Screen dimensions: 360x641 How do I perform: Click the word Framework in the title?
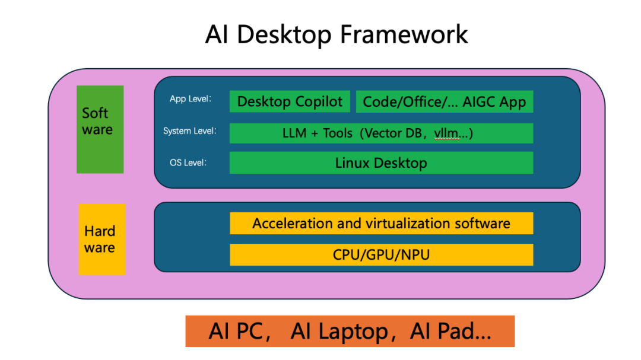(404, 34)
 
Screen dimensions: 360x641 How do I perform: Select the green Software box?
(100, 129)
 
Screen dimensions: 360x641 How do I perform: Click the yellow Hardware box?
(102, 239)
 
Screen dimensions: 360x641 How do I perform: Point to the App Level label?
(191, 99)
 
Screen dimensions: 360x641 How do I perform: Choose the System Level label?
(189, 131)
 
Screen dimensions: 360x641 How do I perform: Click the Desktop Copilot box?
(290, 101)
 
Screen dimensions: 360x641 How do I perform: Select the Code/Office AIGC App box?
(444, 101)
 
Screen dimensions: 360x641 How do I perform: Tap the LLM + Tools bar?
(381, 133)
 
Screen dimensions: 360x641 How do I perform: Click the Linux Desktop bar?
(381, 163)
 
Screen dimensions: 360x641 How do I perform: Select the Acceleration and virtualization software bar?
(381, 224)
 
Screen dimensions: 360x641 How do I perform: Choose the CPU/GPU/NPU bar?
(381, 255)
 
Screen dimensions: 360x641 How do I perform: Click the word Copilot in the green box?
(318, 101)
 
